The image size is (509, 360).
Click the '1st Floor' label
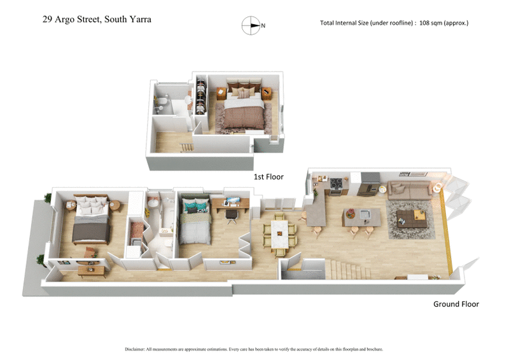(268, 177)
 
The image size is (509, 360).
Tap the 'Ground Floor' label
(456, 304)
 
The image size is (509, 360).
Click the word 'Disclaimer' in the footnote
(136, 349)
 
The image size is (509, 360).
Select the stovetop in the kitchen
(335, 184)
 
